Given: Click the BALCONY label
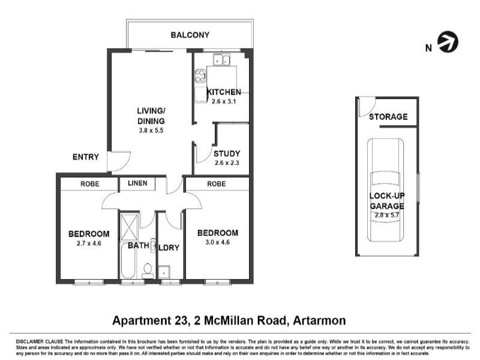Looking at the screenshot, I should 190,35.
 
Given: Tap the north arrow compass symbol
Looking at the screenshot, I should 448,43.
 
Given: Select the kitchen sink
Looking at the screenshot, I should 220,59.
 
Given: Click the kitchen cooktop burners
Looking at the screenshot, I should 200,76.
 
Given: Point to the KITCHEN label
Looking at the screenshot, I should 224,92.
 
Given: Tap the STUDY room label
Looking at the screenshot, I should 227,153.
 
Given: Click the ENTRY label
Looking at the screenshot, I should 86,157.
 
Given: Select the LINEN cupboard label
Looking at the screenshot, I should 141,184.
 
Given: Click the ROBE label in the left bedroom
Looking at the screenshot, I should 88,184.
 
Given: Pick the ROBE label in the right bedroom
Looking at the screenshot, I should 216,184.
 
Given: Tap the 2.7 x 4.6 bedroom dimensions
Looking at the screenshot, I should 89,243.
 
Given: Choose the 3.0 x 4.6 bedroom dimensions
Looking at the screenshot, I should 217,242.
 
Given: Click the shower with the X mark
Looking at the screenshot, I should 129,226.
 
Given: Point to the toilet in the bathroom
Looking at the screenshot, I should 148,271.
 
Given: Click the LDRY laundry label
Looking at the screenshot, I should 170,247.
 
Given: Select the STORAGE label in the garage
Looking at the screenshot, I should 388,117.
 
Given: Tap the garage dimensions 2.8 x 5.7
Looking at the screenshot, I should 388,215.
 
